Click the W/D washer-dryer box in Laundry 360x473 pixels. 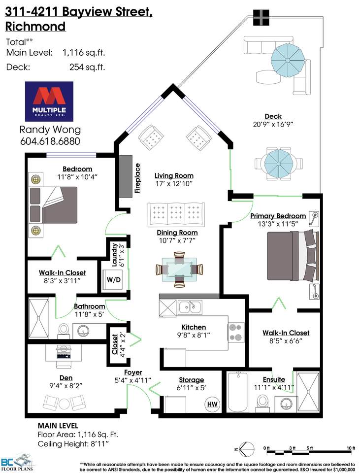click(x=113, y=280)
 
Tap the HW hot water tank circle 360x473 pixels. click(x=212, y=404)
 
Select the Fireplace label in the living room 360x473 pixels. click(x=137, y=178)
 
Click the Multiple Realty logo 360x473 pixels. click(x=49, y=101)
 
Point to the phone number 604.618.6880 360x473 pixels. click(x=50, y=141)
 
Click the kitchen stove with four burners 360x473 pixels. click(x=235, y=333)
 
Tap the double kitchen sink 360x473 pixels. click(x=190, y=307)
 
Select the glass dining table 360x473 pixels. click(x=179, y=270)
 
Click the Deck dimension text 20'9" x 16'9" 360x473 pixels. click(x=273, y=124)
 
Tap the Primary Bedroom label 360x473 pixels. click(x=278, y=216)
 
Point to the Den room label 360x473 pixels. click(x=66, y=378)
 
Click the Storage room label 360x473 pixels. click(x=192, y=380)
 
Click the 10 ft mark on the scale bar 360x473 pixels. click(x=351, y=448)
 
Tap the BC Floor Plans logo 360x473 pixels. click(x=17, y=463)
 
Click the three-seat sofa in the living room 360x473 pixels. click(x=176, y=215)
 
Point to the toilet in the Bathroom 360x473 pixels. click(x=64, y=331)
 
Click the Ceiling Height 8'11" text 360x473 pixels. click(x=73, y=444)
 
